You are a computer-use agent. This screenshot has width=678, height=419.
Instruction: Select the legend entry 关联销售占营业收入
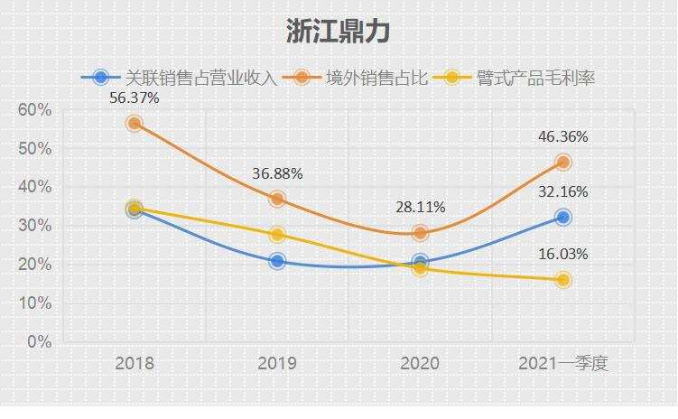pyautogui.click(x=200, y=79)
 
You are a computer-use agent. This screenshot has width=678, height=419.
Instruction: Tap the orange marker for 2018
pyautogui.click(x=135, y=123)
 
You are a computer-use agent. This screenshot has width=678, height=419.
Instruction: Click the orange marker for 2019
pyautogui.click(x=277, y=199)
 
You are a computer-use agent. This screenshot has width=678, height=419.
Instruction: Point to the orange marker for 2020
pyautogui.click(x=420, y=233)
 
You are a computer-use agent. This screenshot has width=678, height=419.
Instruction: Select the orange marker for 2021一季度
pyautogui.click(x=563, y=163)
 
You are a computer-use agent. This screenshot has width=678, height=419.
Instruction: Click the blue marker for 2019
pyautogui.click(x=277, y=262)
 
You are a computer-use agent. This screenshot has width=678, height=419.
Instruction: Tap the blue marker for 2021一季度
pyautogui.click(x=563, y=217)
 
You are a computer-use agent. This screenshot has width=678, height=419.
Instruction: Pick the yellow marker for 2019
pyautogui.click(x=277, y=235)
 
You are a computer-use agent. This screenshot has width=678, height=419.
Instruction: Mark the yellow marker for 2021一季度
pyautogui.click(x=563, y=280)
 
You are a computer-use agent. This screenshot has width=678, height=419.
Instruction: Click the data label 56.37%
pyautogui.click(x=135, y=98)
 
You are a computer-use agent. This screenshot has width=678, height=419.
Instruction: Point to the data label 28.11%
pyautogui.click(x=420, y=207)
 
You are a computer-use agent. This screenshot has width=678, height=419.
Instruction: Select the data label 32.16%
pyautogui.click(x=563, y=191)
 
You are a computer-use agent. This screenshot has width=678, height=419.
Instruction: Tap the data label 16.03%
pyautogui.click(x=563, y=255)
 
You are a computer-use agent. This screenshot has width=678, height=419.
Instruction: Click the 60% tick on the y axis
pyautogui.click(x=35, y=109)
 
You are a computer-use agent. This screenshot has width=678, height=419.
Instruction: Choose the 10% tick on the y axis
pyautogui.click(x=35, y=303)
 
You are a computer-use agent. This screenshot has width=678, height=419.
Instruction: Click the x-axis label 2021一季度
pyautogui.click(x=563, y=364)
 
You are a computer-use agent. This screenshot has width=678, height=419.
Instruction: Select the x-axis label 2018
pyautogui.click(x=135, y=364)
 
